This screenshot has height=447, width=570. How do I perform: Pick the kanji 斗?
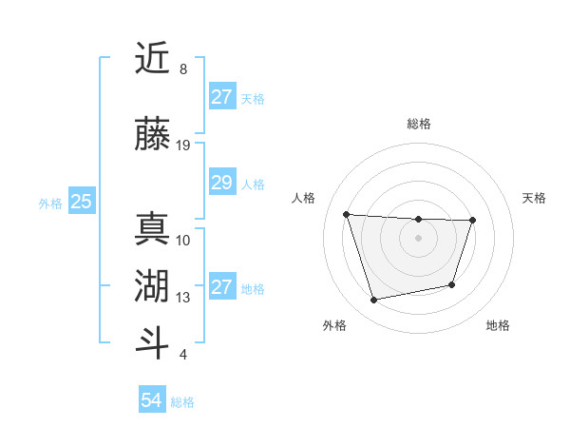[x=152, y=341]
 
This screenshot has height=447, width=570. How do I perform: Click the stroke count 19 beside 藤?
[x=183, y=146]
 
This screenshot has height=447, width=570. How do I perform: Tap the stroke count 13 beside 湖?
[x=183, y=298]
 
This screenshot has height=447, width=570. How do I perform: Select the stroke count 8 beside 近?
[x=183, y=69]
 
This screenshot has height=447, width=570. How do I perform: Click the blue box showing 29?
[x=221, y=183]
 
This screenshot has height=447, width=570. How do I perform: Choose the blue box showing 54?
[x=152, y=400]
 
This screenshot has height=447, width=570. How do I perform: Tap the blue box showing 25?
[x=82, y=202]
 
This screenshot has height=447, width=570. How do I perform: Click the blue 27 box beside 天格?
[x=221, y=97]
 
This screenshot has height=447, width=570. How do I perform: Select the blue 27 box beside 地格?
[x=221, y=287]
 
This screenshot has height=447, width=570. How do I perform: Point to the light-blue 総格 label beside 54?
[x=182, y=402]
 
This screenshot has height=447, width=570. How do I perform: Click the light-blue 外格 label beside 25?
[x=50, y=203]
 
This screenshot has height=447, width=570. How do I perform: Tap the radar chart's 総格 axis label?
[x=418, y=124]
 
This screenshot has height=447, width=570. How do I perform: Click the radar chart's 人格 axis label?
[x=304, y=198]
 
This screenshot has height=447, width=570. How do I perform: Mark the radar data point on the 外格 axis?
[x=374, y=301]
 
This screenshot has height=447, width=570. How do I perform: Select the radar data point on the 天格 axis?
[x=473, y=221]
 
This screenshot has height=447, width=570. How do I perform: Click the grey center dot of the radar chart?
[x=418, y=238]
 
